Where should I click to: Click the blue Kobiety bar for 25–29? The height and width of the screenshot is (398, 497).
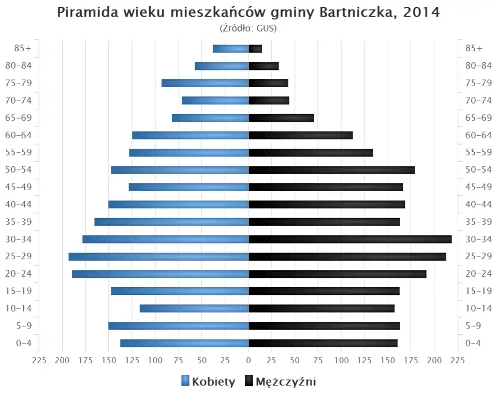tap(158, 257)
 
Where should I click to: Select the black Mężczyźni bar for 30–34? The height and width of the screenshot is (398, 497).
tap(350, 239)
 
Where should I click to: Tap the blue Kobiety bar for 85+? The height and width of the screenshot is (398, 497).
tap(230, 49)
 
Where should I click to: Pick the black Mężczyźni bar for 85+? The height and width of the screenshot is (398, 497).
tap(255, 49)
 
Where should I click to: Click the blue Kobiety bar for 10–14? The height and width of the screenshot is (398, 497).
tap(194, 308)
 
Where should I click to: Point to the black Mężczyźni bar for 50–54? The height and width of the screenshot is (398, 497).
tap(331, 170)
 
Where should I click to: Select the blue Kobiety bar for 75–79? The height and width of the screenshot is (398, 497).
tap(205, 83)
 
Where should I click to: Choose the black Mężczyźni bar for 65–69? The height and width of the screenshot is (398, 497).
tap(281, 118)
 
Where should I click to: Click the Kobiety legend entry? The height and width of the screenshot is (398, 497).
tap(208, 382)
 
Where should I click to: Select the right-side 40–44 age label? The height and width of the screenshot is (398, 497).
tap(478, 204)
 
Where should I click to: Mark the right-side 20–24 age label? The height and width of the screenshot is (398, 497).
tap(478, 274)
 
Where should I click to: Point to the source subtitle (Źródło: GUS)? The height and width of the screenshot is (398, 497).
tap(248, 28)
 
